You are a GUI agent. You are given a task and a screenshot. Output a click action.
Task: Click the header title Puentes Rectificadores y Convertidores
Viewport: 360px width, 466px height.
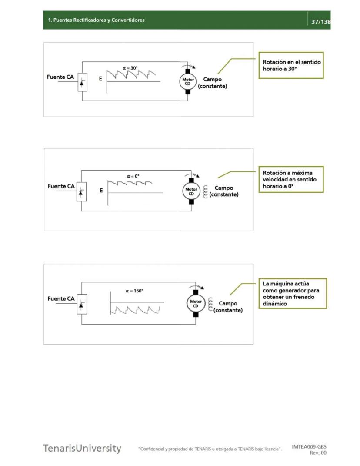pyautogui.click(x=96, y=20)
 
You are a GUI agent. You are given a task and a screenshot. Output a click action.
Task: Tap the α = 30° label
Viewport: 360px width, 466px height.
pyautogui.click(x=130, y=68)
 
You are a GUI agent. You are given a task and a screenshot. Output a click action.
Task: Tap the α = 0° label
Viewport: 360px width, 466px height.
pyautogui.click(x=133, y=176)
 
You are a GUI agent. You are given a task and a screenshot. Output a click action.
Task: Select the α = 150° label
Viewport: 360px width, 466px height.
pyautogui.click(x=134, y=291)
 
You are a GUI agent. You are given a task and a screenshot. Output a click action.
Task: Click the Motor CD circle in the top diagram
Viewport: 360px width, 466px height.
pyautogui.click(x=188, y=82)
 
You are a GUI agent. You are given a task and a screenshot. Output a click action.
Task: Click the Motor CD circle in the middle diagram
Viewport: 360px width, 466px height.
pyautogui.click(x=191, y=191)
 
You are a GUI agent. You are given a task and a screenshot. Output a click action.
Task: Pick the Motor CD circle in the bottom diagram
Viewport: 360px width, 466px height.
pyautogui.click(x=196, y=303)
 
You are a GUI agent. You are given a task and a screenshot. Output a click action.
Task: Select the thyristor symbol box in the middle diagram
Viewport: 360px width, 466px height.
pyautogui.click(x=81, y=191)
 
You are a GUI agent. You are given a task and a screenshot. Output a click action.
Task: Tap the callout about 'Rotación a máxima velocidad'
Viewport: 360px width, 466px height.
pyautogui.click(x=291, y=179)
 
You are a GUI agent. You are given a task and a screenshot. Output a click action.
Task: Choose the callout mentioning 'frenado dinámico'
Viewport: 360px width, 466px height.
pyautogui.click(x=293, y=294)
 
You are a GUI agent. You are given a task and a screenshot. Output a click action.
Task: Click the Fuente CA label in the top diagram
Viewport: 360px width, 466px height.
pyautogui.click(x=60, y=77)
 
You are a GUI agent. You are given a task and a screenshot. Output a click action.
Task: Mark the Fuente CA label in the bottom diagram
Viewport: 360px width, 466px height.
pyautogui.click(x=61, y=299)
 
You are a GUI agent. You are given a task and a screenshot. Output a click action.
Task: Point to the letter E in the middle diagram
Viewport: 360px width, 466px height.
pyautogui.click(x=101, y=191)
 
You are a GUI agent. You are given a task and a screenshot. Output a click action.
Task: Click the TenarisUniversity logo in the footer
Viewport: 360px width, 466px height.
pyautogui.click(x=82, y=448)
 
